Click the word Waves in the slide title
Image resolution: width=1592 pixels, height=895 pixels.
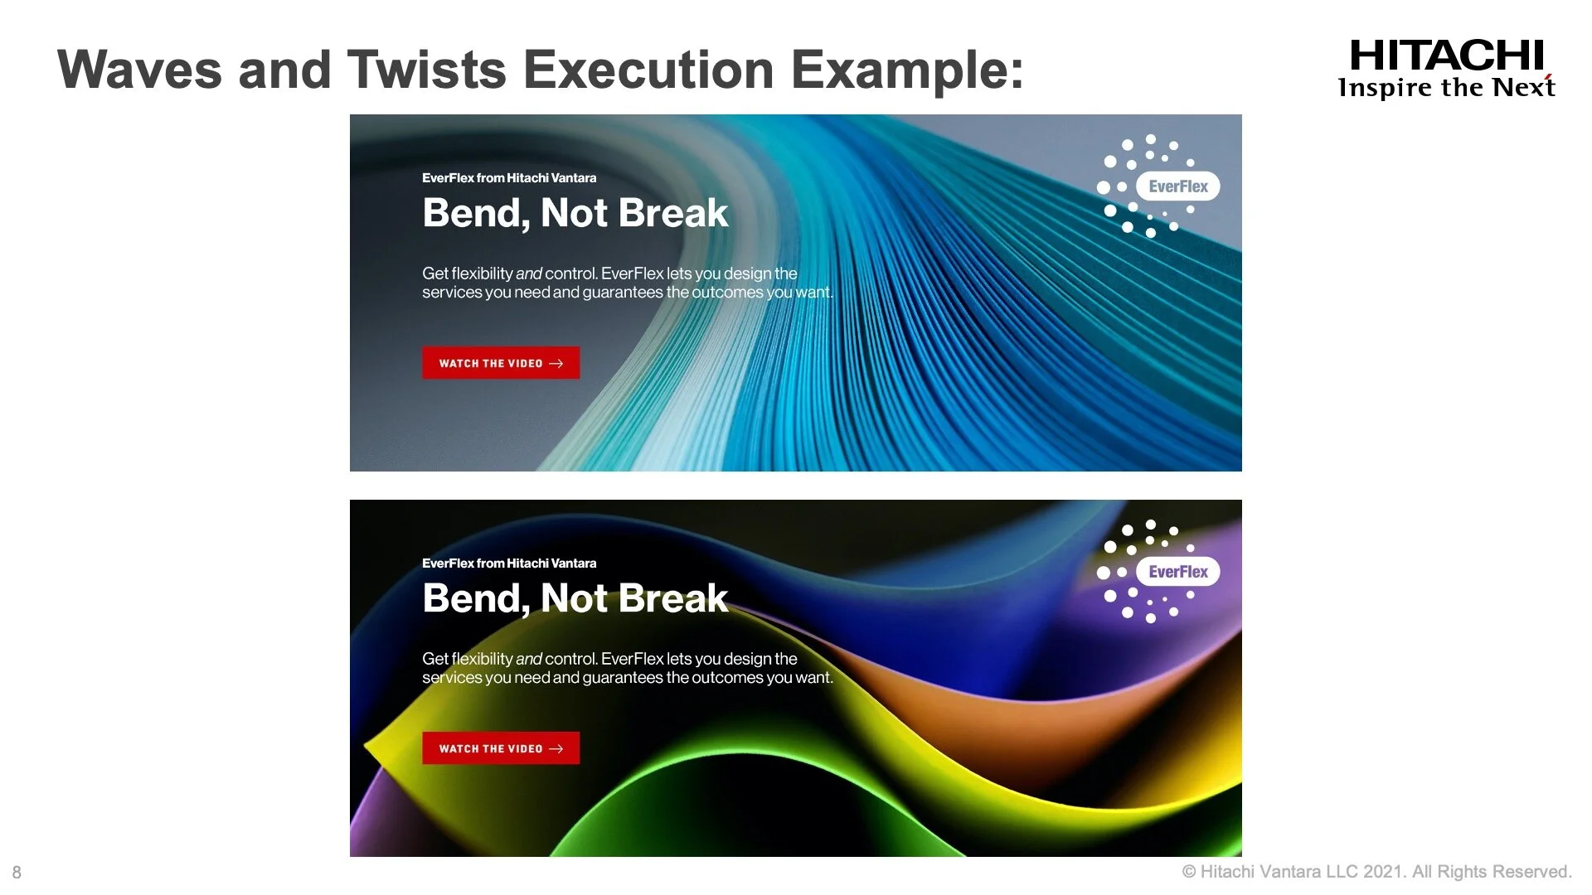pos(139,70)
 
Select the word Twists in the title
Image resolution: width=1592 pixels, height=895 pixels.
pos(426,70)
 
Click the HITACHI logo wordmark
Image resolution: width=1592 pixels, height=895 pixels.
pos(1446,56)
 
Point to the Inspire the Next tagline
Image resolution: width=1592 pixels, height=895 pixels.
pos(1446,88)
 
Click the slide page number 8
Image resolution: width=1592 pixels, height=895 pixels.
pos(17,872)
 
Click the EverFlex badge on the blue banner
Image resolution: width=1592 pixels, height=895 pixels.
pos(1177,186)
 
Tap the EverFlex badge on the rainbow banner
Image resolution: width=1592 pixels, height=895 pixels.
pos(1177,572)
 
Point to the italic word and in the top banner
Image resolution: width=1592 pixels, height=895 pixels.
pos(528,273)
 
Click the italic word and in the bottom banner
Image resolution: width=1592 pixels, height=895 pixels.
pos(528,659)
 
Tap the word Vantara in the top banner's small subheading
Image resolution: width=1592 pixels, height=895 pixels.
pos(574,178)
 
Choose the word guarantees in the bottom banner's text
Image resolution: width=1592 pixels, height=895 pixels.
pos(622,678)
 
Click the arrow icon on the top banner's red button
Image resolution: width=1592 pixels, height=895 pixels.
pos(556,364)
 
